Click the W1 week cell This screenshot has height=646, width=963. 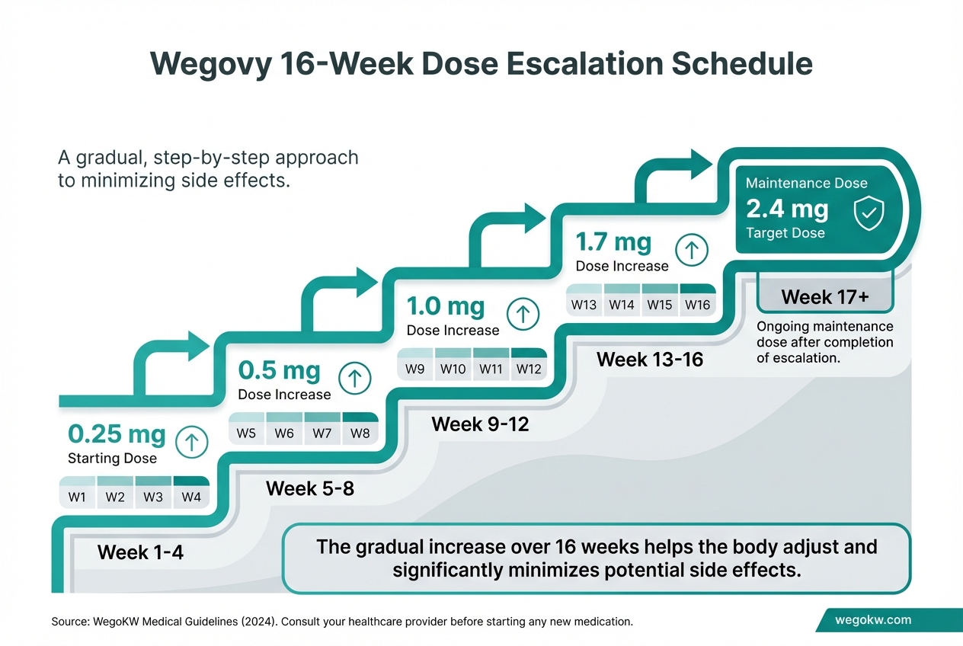pos(78,497)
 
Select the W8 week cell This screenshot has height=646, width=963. pos(360,433)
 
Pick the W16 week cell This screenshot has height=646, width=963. pos(697,305)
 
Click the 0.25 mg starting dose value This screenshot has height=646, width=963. pos(117,434)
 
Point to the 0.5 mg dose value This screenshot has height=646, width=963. pos(280,370)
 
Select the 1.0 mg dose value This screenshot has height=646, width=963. pos(446,306)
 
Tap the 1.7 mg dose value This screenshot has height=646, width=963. pos(613,242)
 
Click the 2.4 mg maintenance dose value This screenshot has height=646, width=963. pos(788,209)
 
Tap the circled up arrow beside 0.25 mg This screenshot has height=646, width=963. pos(191,441)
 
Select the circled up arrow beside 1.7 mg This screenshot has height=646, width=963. pos(692,249)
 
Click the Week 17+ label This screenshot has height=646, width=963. pos(824,297)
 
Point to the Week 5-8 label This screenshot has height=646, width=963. pos(310,488)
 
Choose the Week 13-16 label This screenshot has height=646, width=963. pos(650,359)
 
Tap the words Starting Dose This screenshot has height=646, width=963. pos(112,458)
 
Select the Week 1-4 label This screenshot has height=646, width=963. pos(140,552)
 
